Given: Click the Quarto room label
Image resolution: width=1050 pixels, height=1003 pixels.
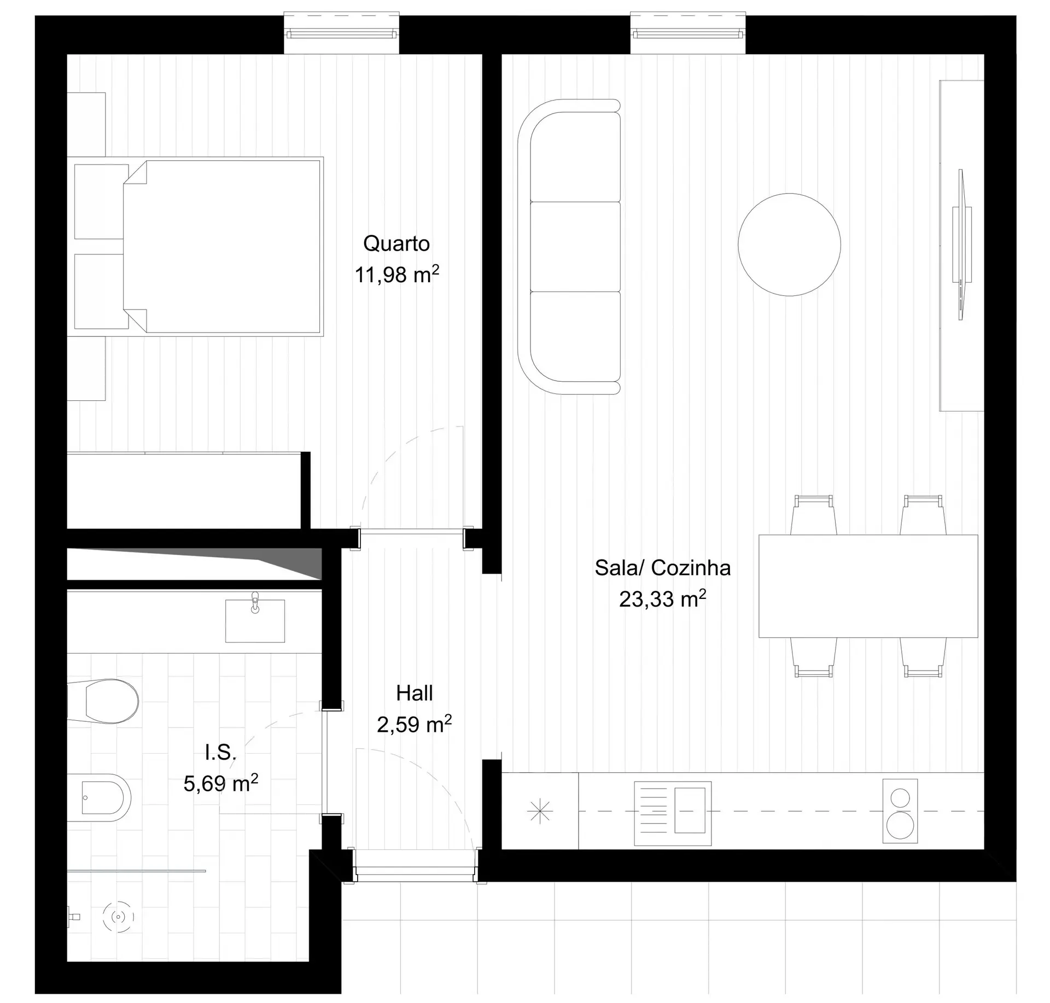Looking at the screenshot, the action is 396,243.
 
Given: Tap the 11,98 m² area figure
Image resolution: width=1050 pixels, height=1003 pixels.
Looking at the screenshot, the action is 397,274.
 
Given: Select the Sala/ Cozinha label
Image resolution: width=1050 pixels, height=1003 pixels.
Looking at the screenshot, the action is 663,568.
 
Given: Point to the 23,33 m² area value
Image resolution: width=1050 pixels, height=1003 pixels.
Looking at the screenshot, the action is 663,599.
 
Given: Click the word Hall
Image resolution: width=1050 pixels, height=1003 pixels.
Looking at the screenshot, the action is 415,693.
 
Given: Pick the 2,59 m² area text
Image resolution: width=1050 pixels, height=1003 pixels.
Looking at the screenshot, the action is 415,724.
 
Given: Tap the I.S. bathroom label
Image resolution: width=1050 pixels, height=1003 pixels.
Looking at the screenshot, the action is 221,753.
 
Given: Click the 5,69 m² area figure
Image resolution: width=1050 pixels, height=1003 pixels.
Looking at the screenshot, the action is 221,783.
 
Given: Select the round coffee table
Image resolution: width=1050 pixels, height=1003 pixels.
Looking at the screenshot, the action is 789,244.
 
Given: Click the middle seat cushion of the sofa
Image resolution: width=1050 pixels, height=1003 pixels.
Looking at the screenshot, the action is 575,247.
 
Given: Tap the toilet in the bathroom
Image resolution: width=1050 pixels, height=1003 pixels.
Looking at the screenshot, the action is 103,701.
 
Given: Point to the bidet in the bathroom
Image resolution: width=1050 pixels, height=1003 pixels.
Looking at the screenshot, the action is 99,797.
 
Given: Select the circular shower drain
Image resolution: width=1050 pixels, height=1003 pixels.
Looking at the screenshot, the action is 118,917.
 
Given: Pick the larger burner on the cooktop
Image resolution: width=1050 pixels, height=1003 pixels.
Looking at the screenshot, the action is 900,825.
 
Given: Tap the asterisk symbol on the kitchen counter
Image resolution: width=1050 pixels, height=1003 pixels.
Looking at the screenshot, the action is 540,811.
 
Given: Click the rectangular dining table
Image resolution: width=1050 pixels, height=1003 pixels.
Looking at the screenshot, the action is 868,586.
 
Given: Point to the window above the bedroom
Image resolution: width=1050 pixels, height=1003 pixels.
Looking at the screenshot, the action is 341,33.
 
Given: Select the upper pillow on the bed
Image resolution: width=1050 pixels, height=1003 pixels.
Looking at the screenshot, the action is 99,202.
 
